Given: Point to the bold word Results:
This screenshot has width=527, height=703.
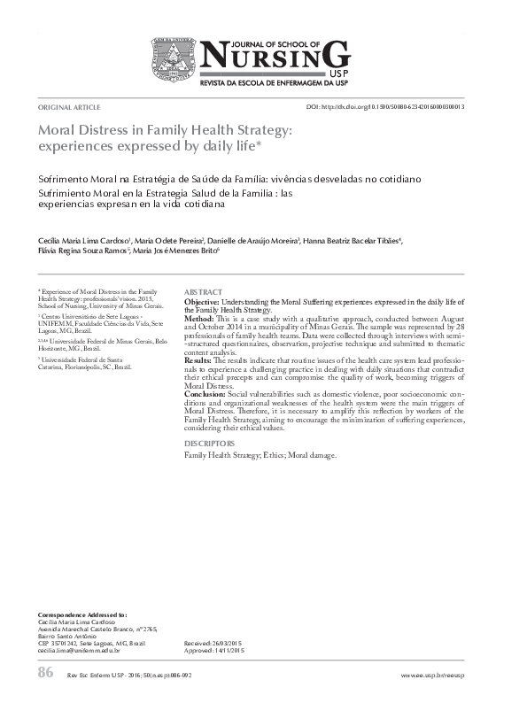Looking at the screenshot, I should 201,361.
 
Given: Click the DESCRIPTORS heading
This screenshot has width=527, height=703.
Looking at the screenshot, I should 209,443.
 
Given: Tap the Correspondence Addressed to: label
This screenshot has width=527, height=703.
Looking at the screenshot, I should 83,614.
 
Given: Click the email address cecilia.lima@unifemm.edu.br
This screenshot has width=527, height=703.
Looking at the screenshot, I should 78,651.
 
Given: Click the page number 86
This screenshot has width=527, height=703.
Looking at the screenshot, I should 46,674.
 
